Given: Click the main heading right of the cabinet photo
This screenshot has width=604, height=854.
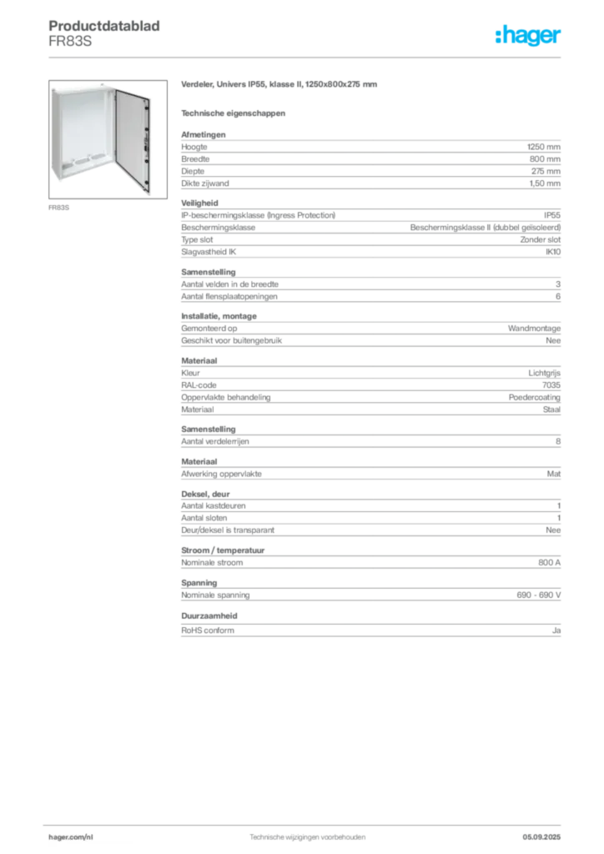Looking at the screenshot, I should click(280, 85).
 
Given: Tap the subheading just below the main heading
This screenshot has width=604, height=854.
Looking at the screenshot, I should click(234, 112).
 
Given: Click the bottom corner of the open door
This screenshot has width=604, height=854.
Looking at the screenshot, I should click(147, 195).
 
